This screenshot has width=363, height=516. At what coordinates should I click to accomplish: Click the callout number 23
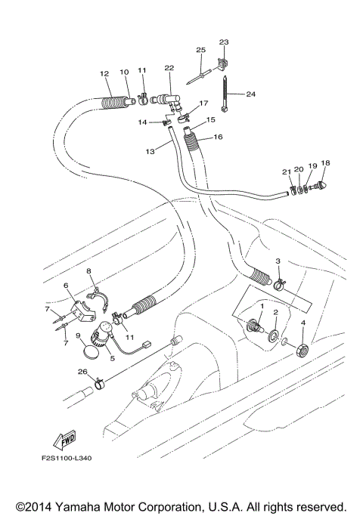click(223, 42)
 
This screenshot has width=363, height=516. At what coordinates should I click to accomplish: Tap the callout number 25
click(200, 50)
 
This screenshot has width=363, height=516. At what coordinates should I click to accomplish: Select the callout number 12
click(104, 74)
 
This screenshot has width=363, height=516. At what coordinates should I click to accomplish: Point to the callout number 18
click(325, 163)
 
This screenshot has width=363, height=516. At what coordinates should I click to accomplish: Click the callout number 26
click(82, 372)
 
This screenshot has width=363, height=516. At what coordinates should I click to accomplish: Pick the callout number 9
click(79, 334)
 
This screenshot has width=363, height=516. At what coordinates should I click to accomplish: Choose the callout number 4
click(304, 323)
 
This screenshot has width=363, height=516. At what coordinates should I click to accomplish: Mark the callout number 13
click(150, 152)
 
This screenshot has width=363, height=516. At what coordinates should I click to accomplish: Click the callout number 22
click(169, 69)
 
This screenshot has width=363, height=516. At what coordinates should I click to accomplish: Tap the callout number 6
click(66, 285)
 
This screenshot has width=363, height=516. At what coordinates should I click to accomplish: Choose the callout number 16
click(218, 138)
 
